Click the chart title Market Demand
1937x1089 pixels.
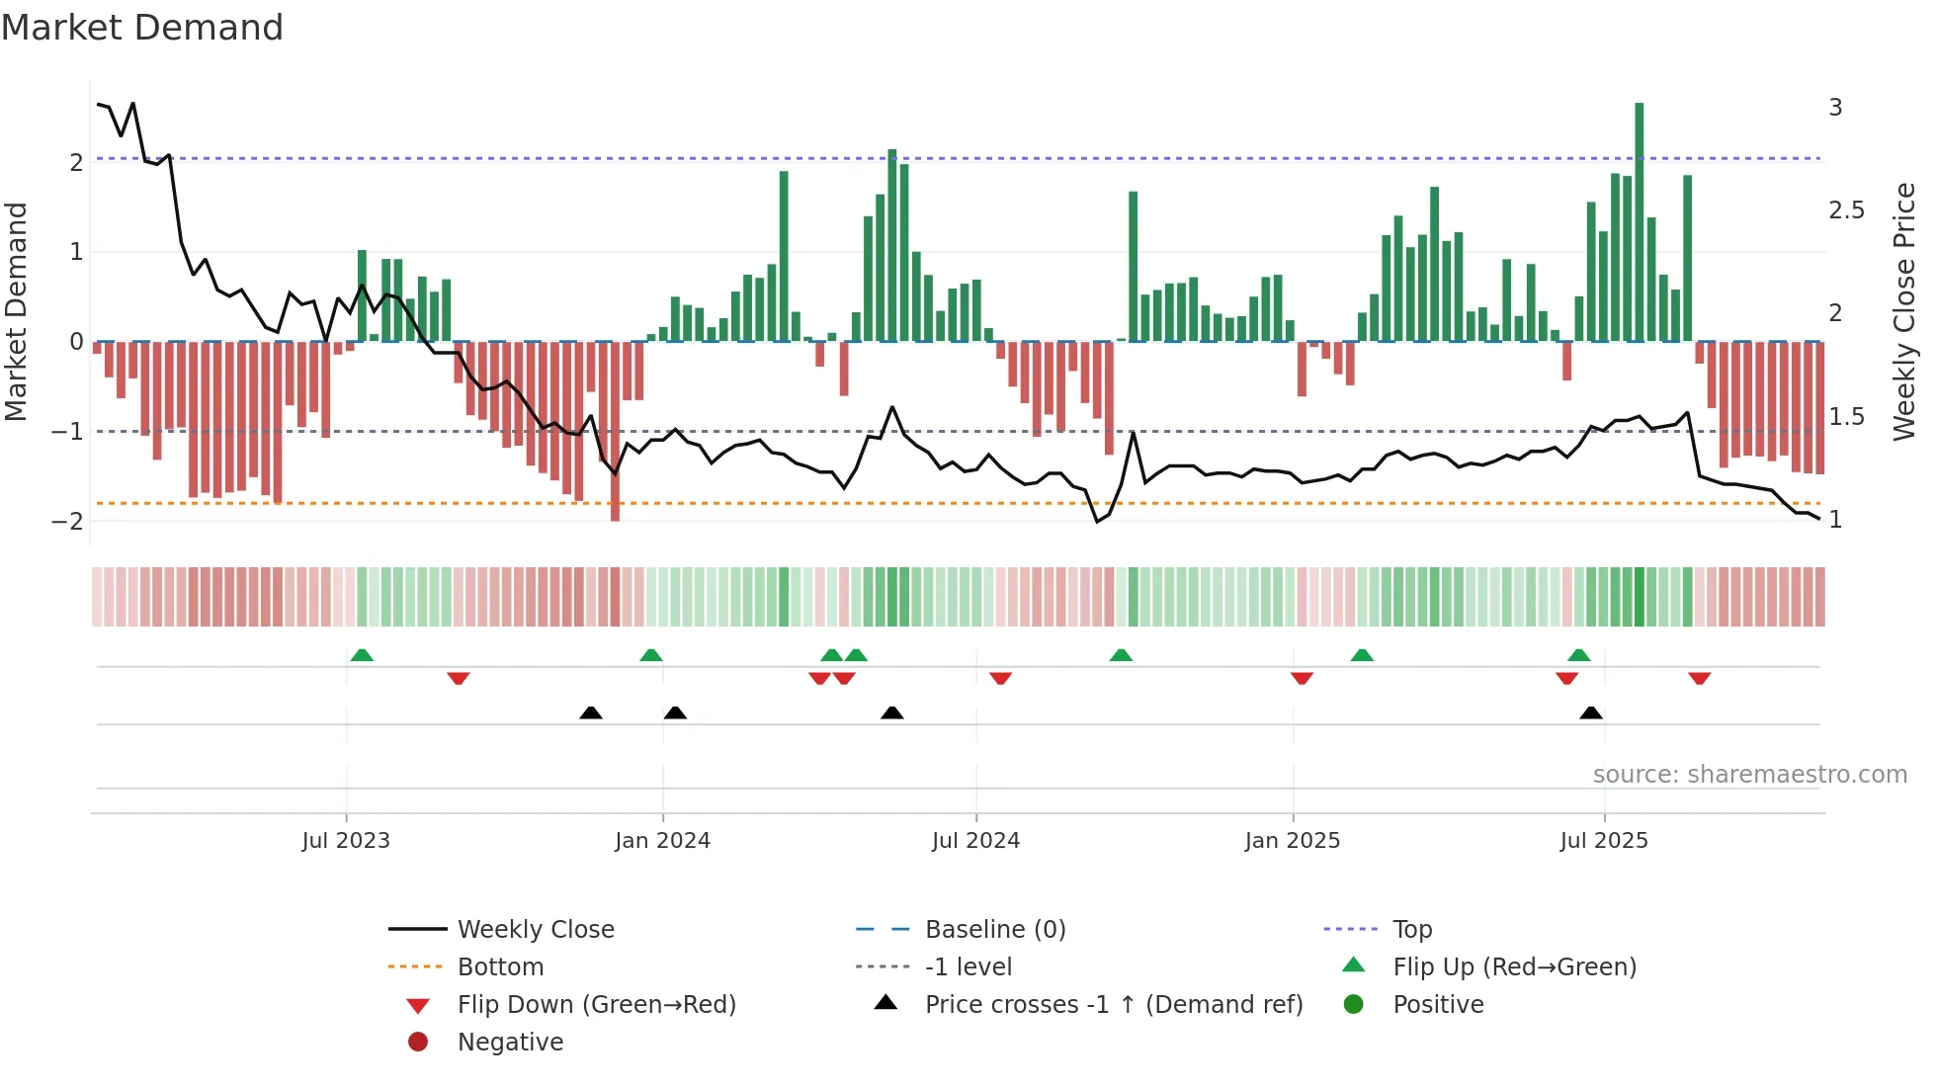[142, 28]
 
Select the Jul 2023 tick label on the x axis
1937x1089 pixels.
[346, 840]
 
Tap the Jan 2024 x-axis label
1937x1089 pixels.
[662, 840]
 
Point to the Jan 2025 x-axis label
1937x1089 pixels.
[1292, 840]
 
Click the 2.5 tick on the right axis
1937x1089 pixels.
[1846, 210]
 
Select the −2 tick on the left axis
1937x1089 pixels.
[68, 521]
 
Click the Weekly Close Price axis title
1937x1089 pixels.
[1903, 311]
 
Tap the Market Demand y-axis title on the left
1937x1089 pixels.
[17, 311]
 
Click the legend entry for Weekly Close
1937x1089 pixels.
[536, 929]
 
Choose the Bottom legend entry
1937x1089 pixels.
[500, 966]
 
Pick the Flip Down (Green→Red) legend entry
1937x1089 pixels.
[596, 1004]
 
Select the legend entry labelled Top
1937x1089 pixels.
[1412, 929]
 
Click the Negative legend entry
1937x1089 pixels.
[510, 1042]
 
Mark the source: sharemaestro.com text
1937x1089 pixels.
[1749, 774]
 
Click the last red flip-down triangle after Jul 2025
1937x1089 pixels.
[1699, 678]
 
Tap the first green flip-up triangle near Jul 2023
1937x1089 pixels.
[362, 655]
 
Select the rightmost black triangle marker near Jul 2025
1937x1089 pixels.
[1590, 712]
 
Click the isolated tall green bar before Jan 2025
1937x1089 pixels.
[1133, 267]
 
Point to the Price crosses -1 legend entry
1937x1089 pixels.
[1113, 1004]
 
